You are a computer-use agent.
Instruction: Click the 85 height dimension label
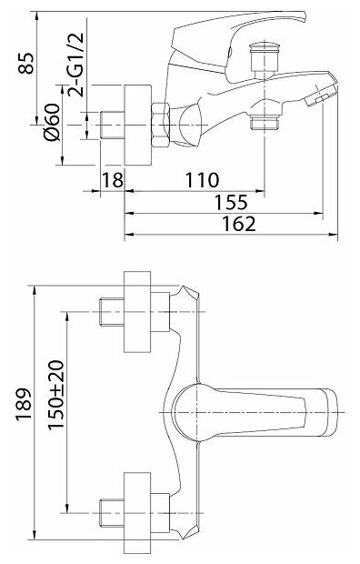(26, 64)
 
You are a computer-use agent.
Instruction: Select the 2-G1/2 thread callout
(75, 65)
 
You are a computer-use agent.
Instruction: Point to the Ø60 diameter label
(52, 122)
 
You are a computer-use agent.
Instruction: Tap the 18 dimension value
(113, 180)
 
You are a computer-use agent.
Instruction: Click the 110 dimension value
(202, 180)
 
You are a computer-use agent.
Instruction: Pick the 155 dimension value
(231, 202)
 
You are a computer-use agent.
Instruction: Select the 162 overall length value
(239, 224)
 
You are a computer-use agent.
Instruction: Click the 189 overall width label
(24, 405)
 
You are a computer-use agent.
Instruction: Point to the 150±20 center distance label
(56, 395)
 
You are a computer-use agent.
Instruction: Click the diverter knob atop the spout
(265, 60)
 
